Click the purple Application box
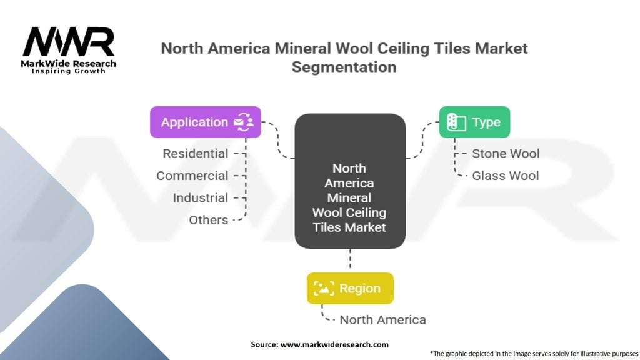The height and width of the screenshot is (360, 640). coord(205,122)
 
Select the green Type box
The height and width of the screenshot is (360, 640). coord(475,122)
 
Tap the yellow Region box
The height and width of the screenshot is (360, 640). coord(350,288)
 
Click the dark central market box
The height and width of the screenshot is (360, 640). coord(350,181)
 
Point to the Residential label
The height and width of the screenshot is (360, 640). coord(196,154)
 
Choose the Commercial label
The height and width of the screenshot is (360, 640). coord(192,176)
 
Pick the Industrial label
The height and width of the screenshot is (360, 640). coord(201,197)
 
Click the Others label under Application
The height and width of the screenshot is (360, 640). coord(209,220)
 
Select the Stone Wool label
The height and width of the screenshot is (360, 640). coord(506,154)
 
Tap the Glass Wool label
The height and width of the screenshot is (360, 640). coord(505,176)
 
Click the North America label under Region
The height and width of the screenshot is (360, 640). coord(383,319)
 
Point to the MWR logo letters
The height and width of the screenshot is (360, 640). coord(69,41)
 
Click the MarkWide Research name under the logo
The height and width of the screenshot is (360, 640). coord(69,63)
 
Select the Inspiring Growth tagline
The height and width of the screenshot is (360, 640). coord(69,71)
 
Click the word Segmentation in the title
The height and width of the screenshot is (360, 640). coord(344,67)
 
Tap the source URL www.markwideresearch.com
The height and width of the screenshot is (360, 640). coord(335,344)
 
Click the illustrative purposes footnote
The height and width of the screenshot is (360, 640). coord(534,354)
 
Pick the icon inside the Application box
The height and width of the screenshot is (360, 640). coord(244,122)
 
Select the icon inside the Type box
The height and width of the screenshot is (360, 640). coord(456,122)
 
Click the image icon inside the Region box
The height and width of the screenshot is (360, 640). coord(324,288)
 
